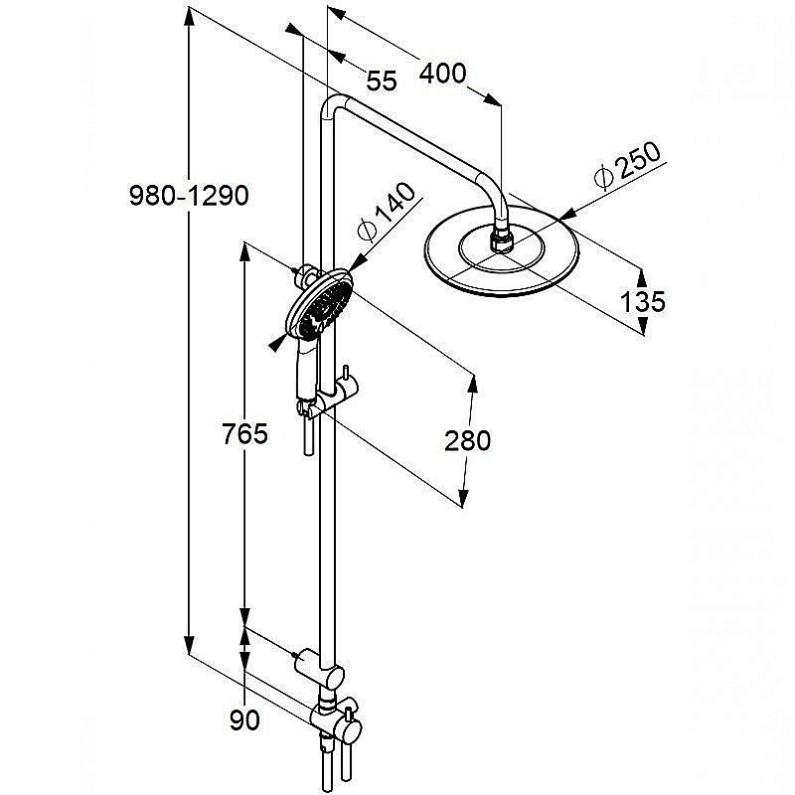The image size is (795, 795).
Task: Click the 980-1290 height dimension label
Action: click(x=189, y=195)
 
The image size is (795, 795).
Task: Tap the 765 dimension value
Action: click(x=244, y=434)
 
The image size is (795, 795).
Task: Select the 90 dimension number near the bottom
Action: click(x=244, y=719)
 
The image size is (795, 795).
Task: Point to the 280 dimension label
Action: click(x=467, y=440)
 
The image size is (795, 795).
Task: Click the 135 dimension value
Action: click(x=643, y=302)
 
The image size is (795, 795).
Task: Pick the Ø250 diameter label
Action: click(x=628, y=165)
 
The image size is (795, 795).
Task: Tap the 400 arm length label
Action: click(x=442, y=74)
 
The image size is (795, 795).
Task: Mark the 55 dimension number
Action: click(x=382, y=81)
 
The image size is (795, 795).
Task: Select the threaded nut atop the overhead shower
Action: click(x=502, y=238)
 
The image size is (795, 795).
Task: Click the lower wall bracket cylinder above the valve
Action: click(x=307, y=660)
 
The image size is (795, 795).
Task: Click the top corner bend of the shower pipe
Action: click(x=333, y=105)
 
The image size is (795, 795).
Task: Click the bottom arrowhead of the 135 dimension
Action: click(x=642, y=325)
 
